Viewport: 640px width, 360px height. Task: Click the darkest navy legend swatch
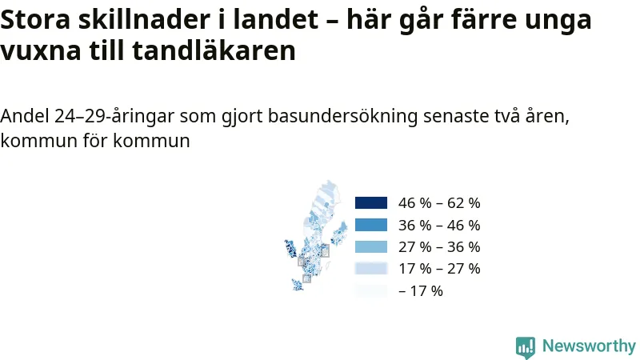[x=371, y=203]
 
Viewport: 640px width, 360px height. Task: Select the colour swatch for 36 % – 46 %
[x=371, y=225]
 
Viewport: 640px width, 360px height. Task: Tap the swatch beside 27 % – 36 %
[x=371, y=247]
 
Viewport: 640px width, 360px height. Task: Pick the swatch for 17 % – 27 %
[x=371, y=269]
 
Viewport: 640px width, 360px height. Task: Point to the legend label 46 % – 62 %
[x=439, y=203]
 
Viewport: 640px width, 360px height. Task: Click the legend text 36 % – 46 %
[x=439, y=225]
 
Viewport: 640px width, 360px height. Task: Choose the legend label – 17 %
[x=421, y=291]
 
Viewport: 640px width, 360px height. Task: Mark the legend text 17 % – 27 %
[x=439, y=269]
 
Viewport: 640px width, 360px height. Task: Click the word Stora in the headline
[x=35, y=19]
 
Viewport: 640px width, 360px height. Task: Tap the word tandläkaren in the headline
[x=214, y=50]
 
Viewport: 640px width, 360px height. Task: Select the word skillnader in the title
[x=144, y=18]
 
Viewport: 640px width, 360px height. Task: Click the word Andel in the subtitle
[x=25, y=116]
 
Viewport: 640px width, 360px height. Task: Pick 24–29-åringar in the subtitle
[x=114, y=117]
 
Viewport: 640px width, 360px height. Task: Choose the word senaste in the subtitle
[x=456, y=117]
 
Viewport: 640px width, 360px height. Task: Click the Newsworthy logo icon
[x=526, y=348]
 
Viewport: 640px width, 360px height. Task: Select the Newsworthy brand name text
[x=589, y=346]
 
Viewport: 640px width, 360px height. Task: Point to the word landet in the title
[x=275, y=18]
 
